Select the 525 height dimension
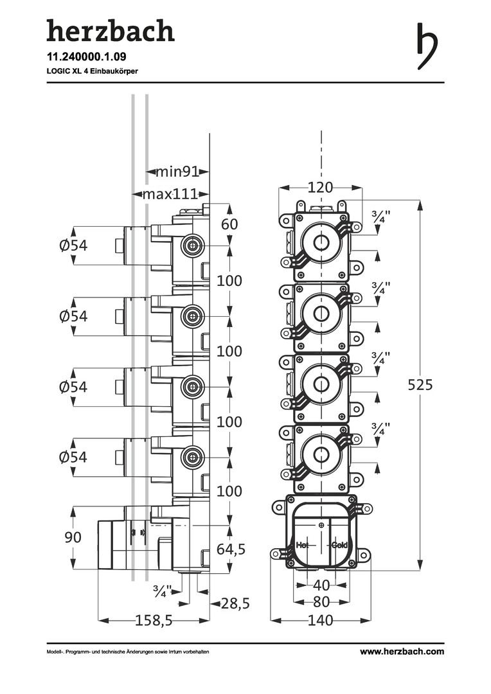421,385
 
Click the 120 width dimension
320,188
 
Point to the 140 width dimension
320,620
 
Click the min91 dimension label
177,172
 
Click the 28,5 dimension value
235,603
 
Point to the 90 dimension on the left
73,537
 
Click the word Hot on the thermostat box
303,545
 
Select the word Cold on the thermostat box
339,545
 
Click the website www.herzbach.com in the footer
402,652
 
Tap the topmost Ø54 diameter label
73,245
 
